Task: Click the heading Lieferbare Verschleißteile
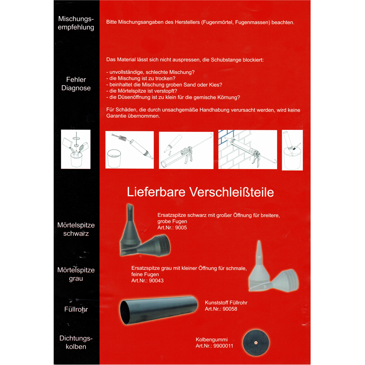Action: (200, 192)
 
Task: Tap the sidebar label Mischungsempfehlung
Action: (76, 23)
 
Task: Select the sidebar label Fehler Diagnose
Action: (76, 84)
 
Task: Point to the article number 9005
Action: (181, 228)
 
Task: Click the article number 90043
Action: (156, 281)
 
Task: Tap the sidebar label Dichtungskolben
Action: (76, 343)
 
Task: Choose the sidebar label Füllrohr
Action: (76, 310)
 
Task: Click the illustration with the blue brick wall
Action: (247, 149)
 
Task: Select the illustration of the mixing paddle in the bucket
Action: (76, 149)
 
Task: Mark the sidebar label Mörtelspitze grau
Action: (76, 274)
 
